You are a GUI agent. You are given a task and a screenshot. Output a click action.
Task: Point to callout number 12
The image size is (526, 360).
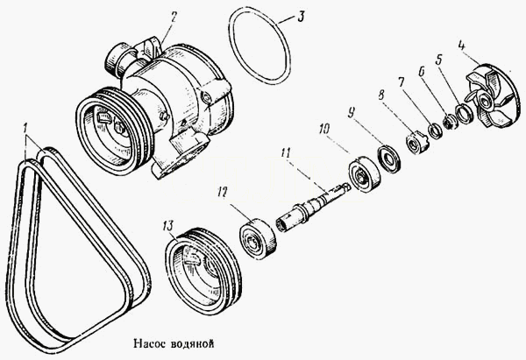pos(223,192)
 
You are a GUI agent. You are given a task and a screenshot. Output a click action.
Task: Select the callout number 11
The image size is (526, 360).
pos(285,153)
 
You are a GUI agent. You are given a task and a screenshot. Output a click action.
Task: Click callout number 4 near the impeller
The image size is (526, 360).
pos(462,46)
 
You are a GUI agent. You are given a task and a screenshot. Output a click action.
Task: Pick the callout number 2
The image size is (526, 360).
pos(173,17)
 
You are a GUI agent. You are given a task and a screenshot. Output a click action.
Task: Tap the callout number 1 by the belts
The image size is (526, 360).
pos(25,128)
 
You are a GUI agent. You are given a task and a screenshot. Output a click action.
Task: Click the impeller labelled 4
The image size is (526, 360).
pos(493,95)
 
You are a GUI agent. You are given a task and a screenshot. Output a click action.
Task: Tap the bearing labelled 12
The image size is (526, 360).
pos(258,239)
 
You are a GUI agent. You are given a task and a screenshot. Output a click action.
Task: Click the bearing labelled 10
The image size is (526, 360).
pos(365,174)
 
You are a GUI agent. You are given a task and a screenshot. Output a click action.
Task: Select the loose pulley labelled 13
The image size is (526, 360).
pos(203,272)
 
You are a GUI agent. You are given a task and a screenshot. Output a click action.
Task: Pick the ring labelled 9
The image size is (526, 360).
pos(388,159)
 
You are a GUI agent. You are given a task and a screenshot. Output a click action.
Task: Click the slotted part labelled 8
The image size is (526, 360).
pos(416,143)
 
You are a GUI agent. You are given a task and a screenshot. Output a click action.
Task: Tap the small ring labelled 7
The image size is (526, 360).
pos(436,131)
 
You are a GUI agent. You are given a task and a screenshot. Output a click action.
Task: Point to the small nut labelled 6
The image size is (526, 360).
pos(449,122)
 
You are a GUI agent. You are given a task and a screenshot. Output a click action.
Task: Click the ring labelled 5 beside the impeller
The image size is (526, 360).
pos(463,113)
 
